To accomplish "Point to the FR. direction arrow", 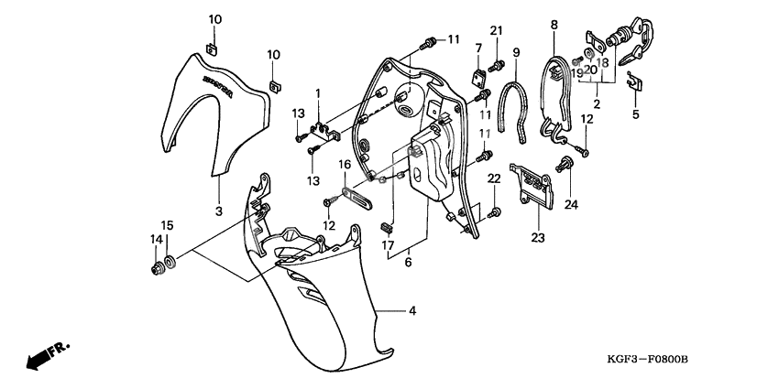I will pos(47,355).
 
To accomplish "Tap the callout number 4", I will pos(412,311).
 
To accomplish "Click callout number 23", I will pos(536,238).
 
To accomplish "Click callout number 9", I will pos(516,52).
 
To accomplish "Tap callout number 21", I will pos(496,32).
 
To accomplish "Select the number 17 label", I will pos(388,245).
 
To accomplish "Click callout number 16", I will pos(346,165).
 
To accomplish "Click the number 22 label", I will pos(493,178).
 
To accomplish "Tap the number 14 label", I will pos(155,240).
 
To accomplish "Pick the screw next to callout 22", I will pos(496,212).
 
